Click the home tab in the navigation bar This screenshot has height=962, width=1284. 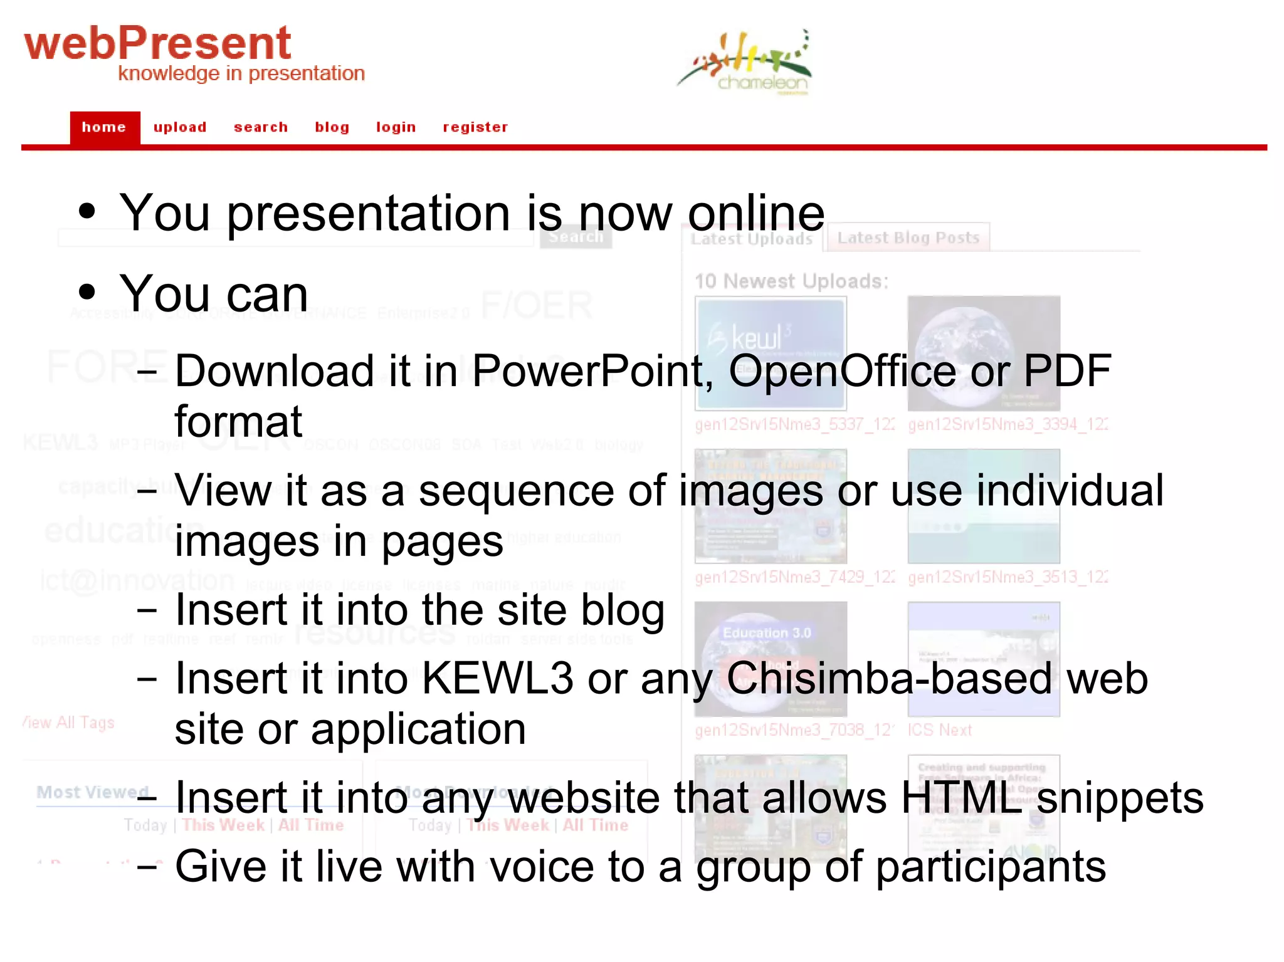pyautogui.click(x=104, y=127)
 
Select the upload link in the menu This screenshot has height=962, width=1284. pyautogui.click(x=180, y=127)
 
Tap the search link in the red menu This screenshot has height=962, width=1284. pyautogui.click(x=261, y=127)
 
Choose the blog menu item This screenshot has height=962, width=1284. pyautogui.click(x=332, y=127)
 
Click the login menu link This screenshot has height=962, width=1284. pyautogui.click(x=396, y=127)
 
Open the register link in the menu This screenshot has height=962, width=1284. pyautogui.click(x=475, y=127)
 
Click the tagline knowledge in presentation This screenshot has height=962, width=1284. pyautogui.click(x=241, y=74)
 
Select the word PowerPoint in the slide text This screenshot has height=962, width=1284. pyautogui.click(x=587, y=370)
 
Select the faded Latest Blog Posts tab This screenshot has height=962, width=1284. pyautogui.click(x=908, y=238)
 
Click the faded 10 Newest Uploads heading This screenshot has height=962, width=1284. pyautogui.click(x=791, y=281)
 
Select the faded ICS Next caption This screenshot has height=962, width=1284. pyautogui.click(x=939, y=730)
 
